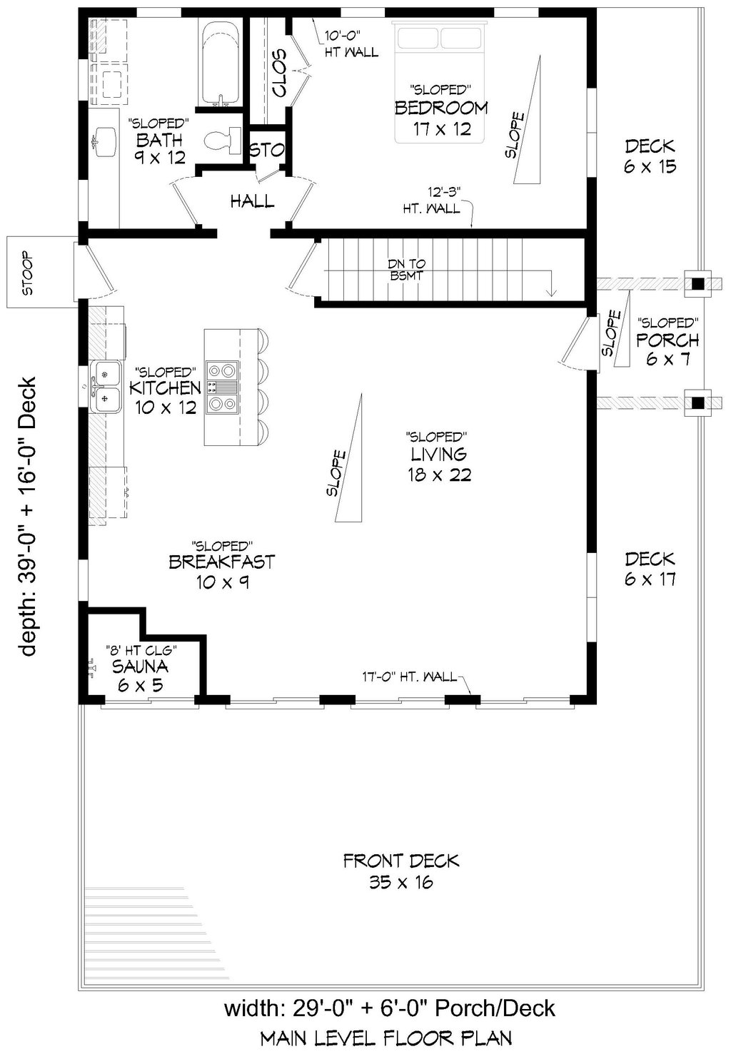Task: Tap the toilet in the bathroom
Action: click(x=223, y=140)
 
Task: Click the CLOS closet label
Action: click(x=279, y=73)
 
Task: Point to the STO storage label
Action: click(x=267, y=150)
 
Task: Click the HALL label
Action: click(x=252, y=201)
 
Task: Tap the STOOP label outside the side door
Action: click(x=29, y=273)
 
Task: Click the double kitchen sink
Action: click(x=105, y=387)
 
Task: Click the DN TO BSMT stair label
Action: click(x=407, y=270)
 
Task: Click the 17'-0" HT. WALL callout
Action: click(x=409, y=677)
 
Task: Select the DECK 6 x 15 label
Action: click(x=650, y=156)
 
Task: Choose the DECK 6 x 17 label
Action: click(x=650, y=569)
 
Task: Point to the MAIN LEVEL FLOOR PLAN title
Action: click(x=386, y=1038)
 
